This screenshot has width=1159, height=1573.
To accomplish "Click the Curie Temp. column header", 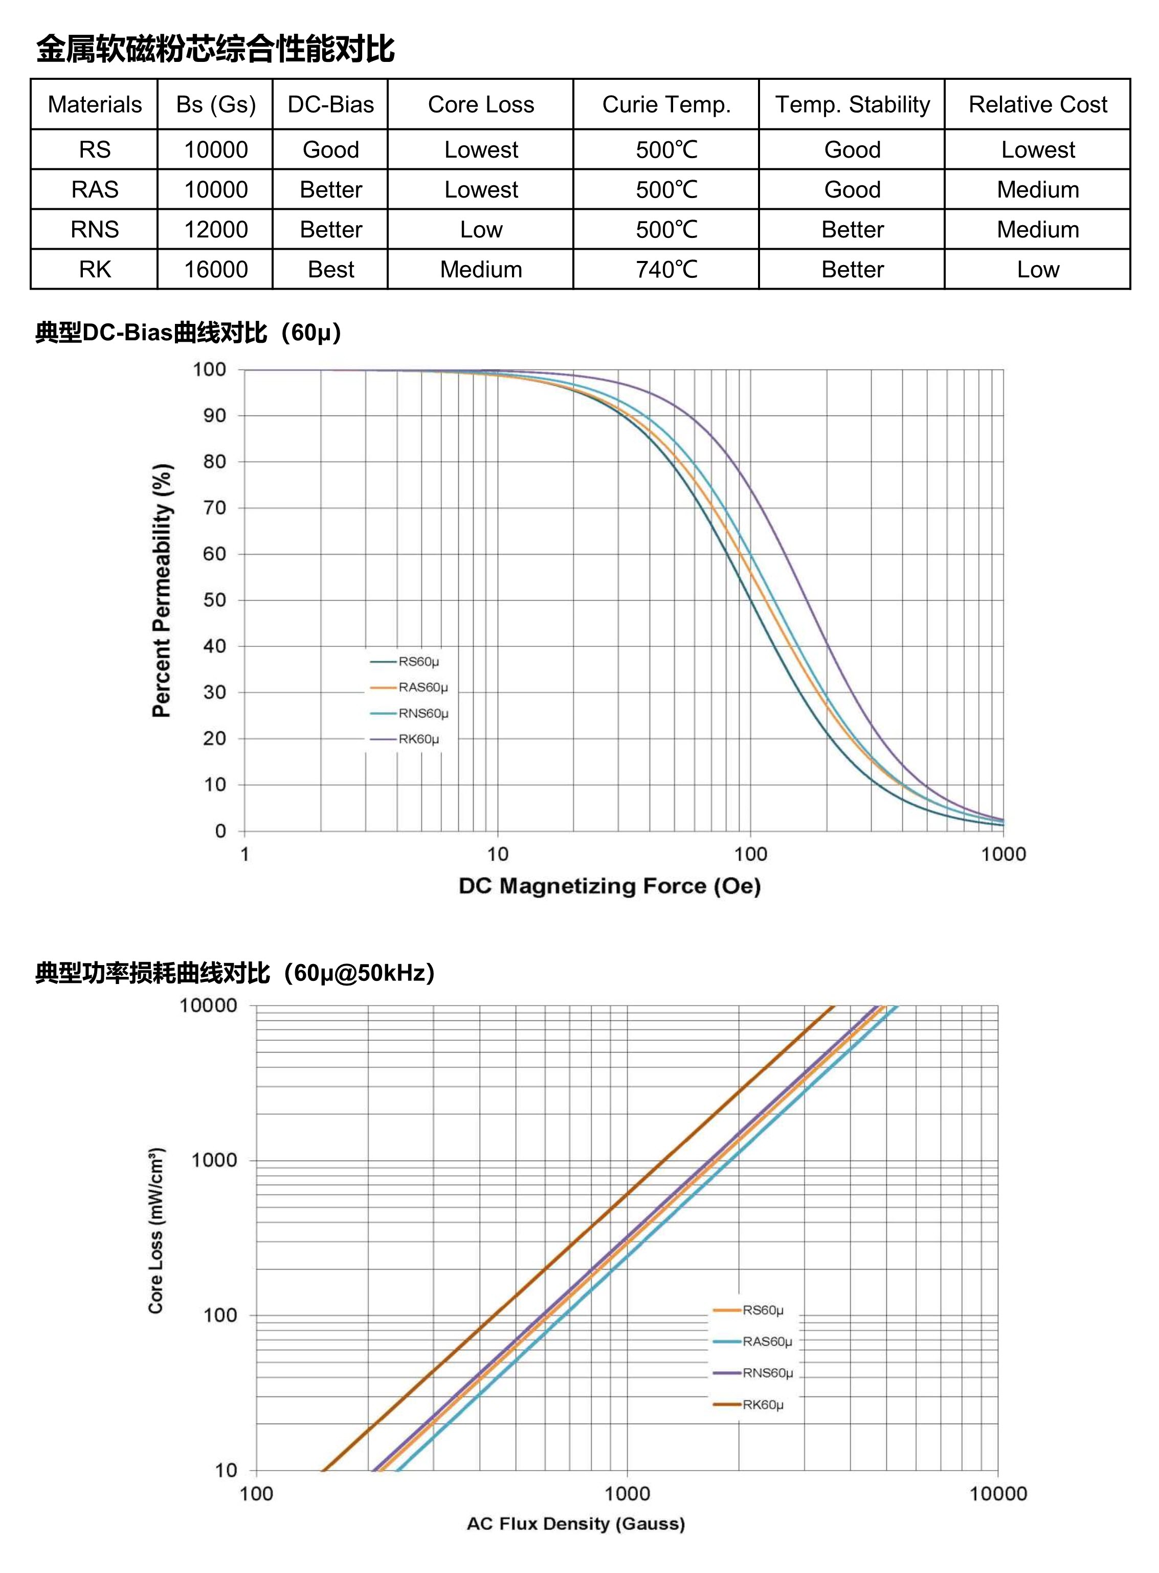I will (x=666, y=104).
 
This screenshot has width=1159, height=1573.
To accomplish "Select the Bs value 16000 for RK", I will (x=215, y=270).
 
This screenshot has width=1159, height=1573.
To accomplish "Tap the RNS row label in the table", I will (x=95, y=230).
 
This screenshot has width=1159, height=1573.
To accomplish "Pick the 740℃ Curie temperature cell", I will (x=666, y=270).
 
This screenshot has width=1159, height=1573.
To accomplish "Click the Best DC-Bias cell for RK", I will (x=330, y=270).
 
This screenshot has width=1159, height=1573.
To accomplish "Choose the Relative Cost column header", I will (x=1038, y=104).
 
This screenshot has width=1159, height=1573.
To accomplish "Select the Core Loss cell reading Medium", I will (x=481, y=270).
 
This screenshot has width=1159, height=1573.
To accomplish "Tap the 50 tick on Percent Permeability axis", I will (x=215, y=600).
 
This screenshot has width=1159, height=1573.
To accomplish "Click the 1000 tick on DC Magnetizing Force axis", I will (x=1003, y=854).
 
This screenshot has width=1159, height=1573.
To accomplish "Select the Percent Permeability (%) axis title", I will (x=162, y=591).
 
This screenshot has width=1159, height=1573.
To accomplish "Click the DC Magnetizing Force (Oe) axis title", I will (x=610, y=886).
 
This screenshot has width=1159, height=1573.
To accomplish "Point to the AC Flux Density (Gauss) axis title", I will (x=576, y=1523).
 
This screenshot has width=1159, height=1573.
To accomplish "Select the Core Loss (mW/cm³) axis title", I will (x=156, y=1231).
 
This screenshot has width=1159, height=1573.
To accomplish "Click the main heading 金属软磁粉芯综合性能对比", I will (x=215, y=49).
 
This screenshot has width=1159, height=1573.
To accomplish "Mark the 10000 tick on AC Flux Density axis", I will (x=998, y=1494).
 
